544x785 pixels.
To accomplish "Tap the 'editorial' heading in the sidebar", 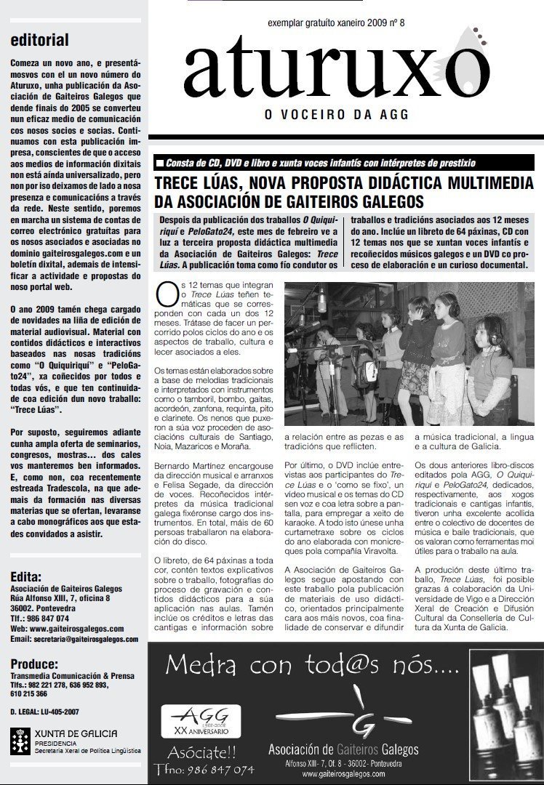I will pos(40,40).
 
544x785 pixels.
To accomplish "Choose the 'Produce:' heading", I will pos(35,664).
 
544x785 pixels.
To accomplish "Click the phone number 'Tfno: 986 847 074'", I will pos(204,769).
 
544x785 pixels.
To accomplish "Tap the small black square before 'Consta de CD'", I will pos(159,162).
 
